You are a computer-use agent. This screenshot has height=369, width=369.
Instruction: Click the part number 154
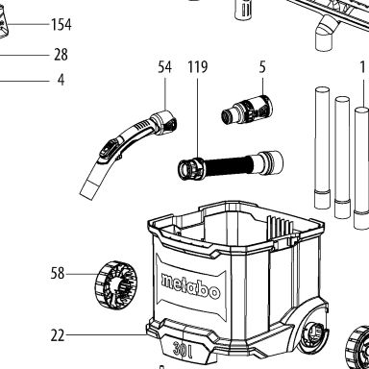pos(61,25)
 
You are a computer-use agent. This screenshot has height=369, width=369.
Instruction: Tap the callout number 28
pos(61,55)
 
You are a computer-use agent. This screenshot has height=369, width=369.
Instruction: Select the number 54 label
pos(165,67)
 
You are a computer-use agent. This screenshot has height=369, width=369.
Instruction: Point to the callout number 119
pos(198,67)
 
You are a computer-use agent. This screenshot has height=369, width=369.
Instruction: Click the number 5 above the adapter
pos(262,67)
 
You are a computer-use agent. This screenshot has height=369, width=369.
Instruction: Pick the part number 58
pos(58,274)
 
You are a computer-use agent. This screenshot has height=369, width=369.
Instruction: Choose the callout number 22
pos(58,335)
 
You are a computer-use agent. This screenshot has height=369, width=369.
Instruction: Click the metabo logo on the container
pos(191,286)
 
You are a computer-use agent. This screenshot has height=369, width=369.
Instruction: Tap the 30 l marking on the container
pos(183,349)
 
